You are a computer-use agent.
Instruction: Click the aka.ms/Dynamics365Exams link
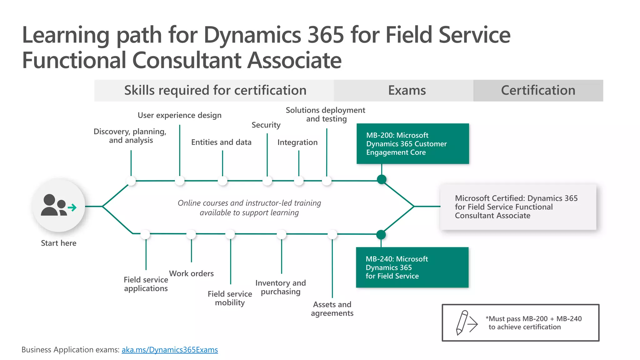tap(170, 350)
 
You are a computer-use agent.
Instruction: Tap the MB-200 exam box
tap(412, 144)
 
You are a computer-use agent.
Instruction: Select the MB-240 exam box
tap(412, 267)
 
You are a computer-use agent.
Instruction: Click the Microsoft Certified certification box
tap(518, 207)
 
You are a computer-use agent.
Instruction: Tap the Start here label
tap(58, 243)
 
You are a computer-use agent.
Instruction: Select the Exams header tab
tap(407, 90)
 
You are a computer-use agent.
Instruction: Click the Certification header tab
tap(538, 90)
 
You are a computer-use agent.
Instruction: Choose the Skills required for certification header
tap(215, 90)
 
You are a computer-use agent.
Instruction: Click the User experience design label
tap(179, 115)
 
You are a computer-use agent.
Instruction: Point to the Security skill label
tap(266, 125)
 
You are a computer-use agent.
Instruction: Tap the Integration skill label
tap(297, 142)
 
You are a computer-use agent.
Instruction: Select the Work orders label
tap(191, 273)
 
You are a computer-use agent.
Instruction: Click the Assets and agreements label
tap(332, 309)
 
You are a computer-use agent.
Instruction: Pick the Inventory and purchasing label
tap(280, 287)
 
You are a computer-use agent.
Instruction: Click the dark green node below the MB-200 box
tap(382, 179)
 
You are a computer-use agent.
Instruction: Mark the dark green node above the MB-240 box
tap(381, 234)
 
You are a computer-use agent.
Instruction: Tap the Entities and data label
tap(221, 142)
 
